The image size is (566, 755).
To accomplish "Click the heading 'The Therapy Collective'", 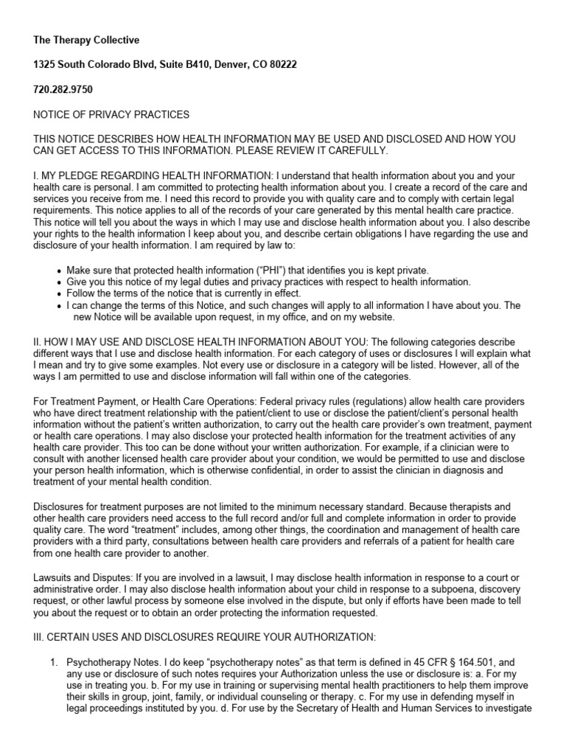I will [85, 40].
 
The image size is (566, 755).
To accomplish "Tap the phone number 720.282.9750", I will [63, 90].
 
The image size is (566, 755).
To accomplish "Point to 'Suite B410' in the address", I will [170, 65].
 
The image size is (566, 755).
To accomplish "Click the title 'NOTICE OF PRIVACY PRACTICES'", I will [111, 114].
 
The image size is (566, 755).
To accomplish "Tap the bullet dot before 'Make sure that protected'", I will [58, 271].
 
